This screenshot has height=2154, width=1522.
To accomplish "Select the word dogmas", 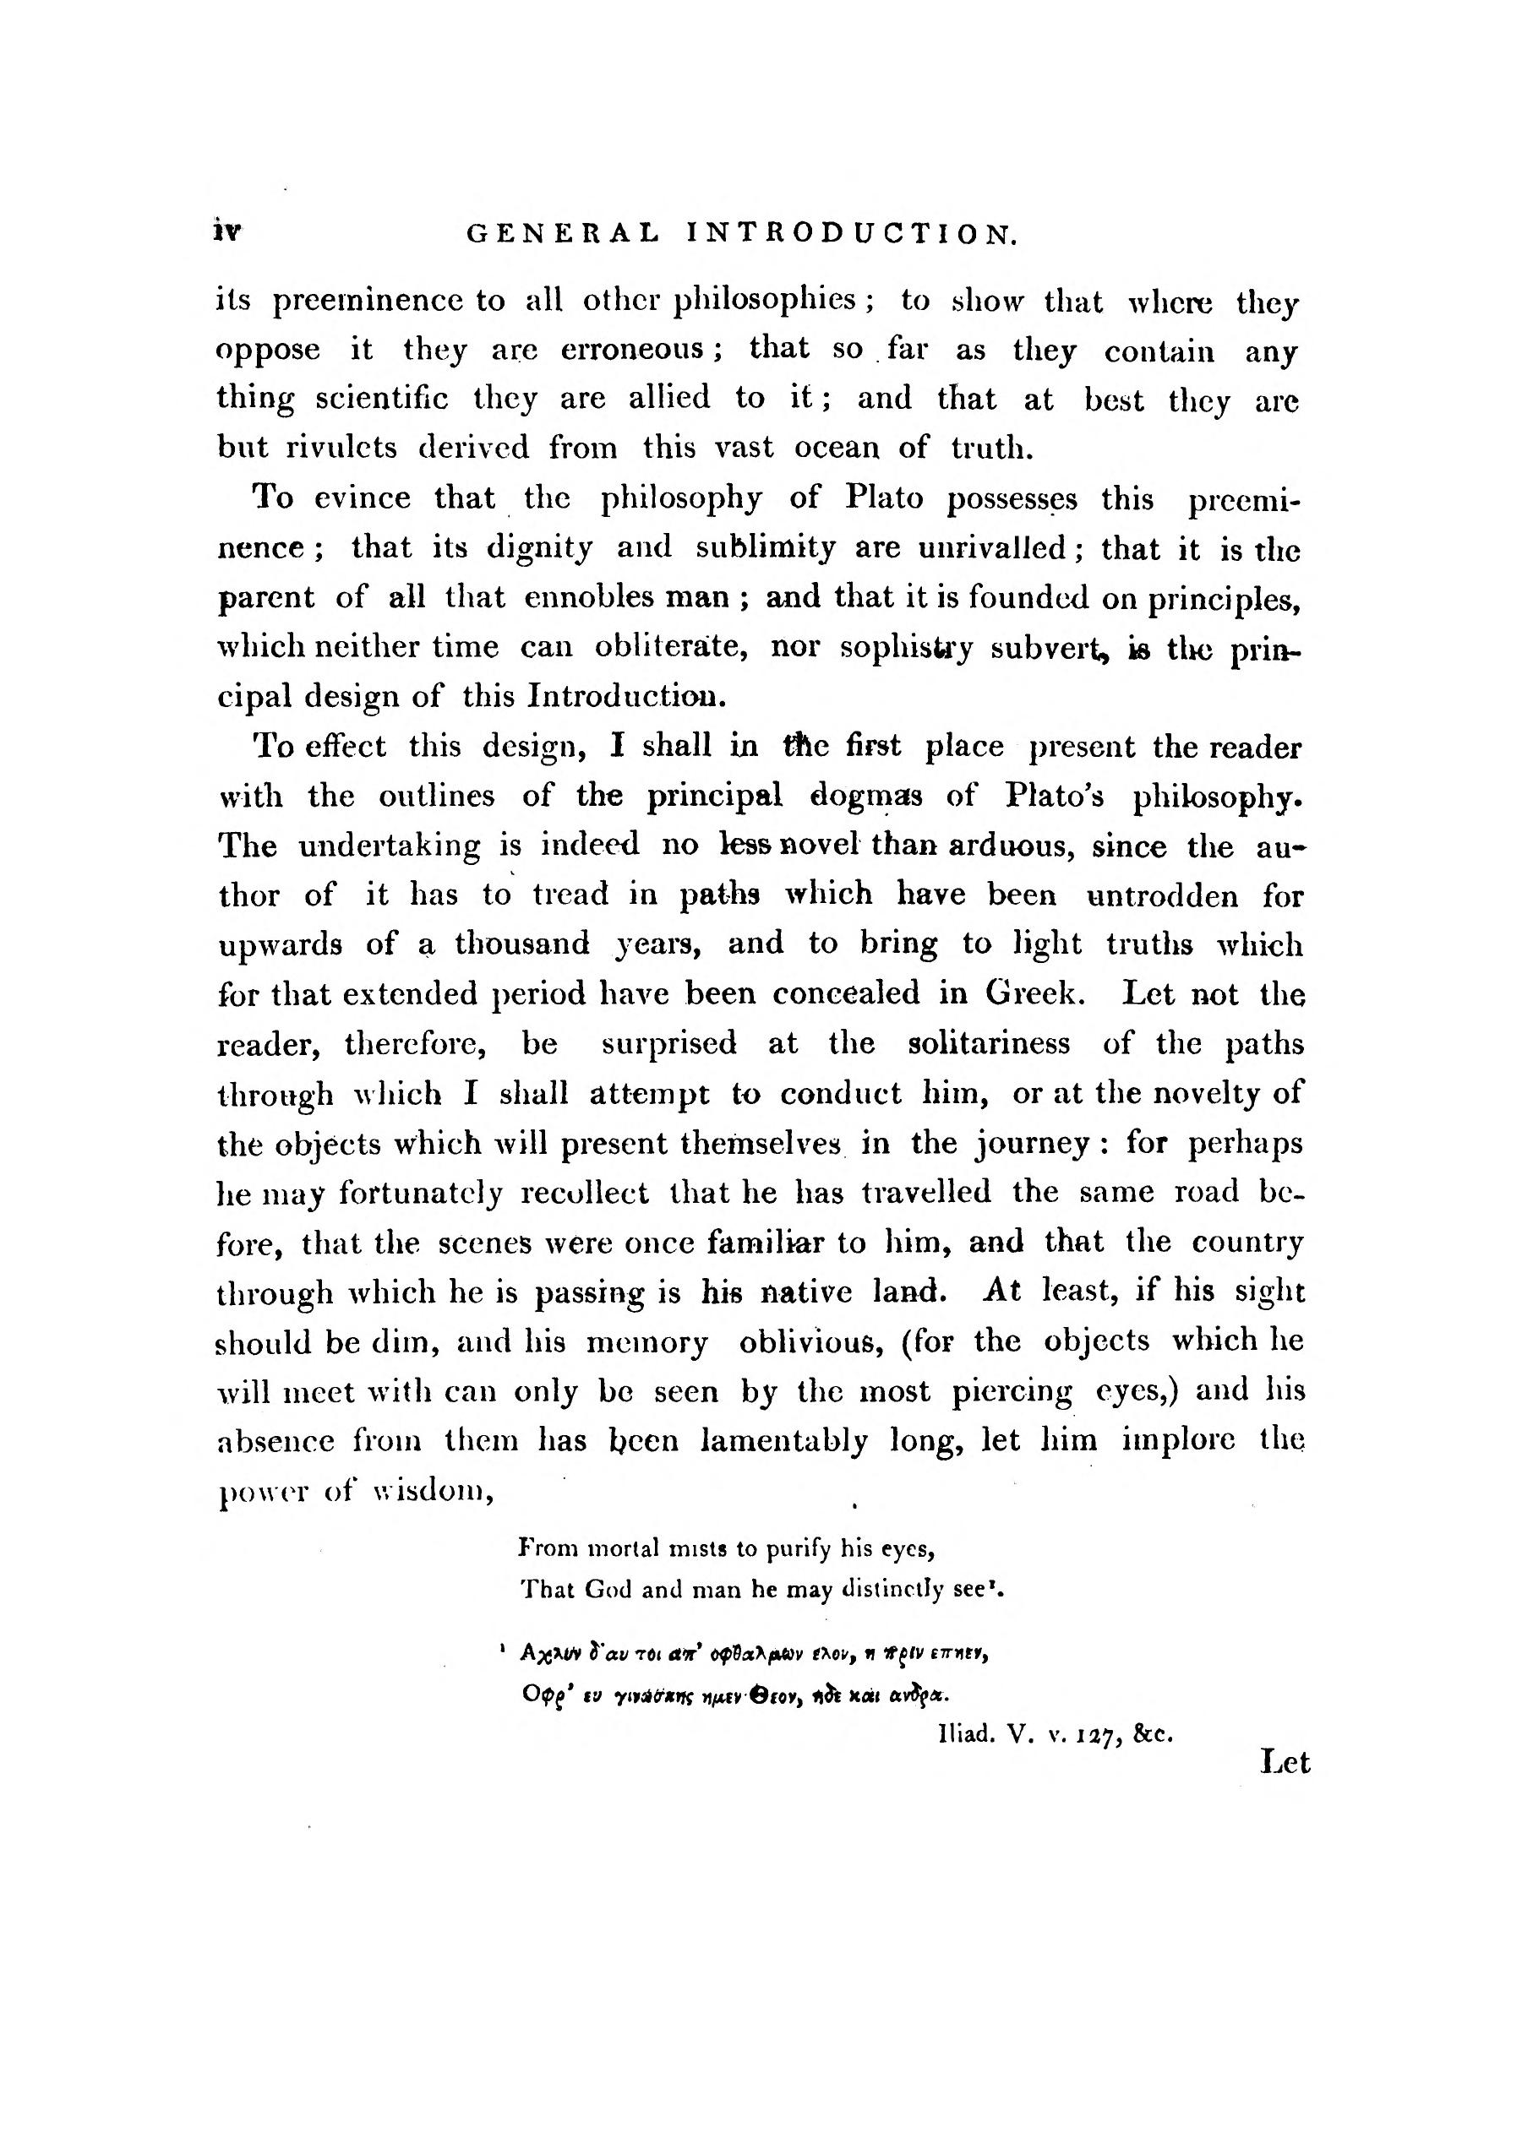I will [x=867, y=796].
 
